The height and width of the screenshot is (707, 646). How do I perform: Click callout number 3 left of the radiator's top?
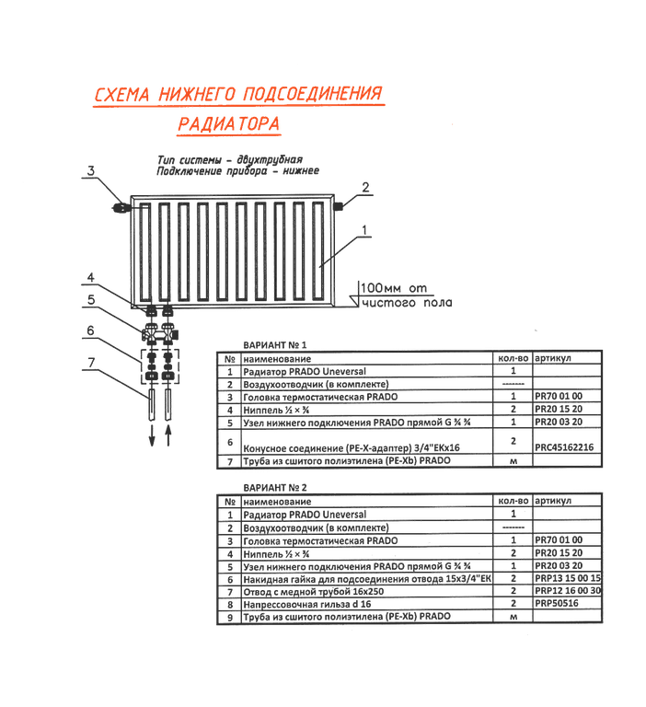(x=89, y=169)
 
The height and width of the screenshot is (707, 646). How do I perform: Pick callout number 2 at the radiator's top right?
(x=364, y=187)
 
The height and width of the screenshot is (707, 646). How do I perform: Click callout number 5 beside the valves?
(x=89, y=299)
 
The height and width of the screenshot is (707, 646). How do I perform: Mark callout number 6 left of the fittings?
(x=89, y=329)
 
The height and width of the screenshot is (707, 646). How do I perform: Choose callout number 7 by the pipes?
(x=89, y=360)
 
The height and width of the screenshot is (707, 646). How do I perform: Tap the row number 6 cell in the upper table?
(x=228, y=441)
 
